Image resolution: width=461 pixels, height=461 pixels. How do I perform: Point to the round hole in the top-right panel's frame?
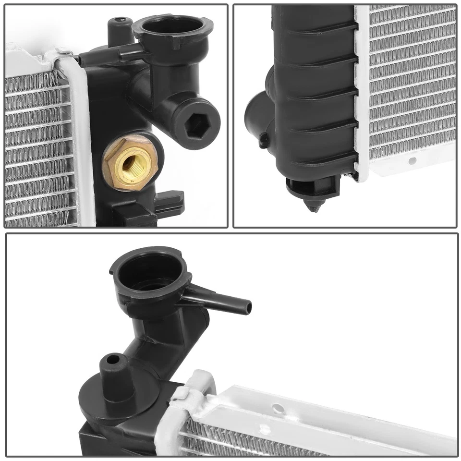pos(412,160)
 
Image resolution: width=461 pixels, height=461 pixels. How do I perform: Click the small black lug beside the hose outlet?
pos(264,140)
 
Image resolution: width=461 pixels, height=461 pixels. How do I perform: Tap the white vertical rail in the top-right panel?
pos(362,91)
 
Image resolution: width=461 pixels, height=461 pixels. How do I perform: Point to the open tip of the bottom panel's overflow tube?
pos(248,306)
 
